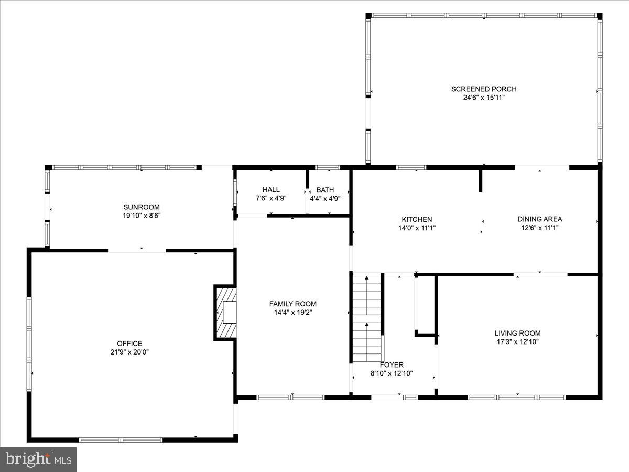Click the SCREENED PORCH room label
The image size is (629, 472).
pos(483,89)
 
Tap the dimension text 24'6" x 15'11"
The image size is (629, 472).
pos(483,98)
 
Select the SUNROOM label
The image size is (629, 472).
pos(142,207)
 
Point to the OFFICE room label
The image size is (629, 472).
pos(129,344)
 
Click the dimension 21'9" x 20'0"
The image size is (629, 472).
pos(129,352)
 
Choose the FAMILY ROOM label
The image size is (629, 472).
pos(292,304)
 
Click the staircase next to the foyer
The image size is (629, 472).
pos(366,317)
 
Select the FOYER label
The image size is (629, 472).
pos(392,365)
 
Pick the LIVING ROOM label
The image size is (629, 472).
pos(517,334)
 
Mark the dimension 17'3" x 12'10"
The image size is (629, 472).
pos(517,342)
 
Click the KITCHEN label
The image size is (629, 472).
pos(417,219)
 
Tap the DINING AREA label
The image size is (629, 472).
pos(539,219)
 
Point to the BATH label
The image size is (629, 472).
pos(325,190)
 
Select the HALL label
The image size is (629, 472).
pos(271,190)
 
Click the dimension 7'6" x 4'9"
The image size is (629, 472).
pos(271,198)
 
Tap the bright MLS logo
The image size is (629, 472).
pos(38,459)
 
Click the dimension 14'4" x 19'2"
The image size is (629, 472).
pos(292,313)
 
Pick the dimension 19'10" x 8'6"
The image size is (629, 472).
pos(142,216)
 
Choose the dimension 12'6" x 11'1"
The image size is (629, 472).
pos(539,228)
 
